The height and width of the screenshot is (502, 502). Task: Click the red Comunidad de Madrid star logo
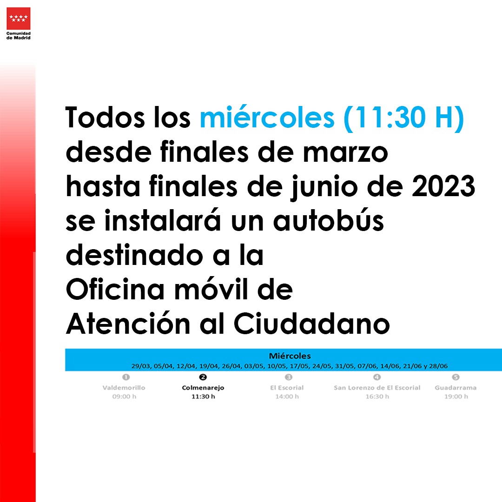(x=19, y=18)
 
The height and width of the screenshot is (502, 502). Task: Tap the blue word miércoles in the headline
(x=267, y=117)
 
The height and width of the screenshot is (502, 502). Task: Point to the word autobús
(x=329, y=220)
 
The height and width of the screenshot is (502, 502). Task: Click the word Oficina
(x=115, y=289)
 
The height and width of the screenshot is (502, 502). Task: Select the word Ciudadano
(x=312, y=324)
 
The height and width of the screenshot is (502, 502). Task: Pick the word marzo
(x=345, y=153)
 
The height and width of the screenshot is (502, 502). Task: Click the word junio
(x=324, y=187)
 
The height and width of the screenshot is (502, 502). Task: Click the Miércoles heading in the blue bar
(x=290, y=356)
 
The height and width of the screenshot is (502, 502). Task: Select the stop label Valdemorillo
(x=124, y=388)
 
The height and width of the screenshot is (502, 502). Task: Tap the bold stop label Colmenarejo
(x=203, y=388)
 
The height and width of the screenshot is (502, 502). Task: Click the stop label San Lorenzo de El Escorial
(x=377, y=388)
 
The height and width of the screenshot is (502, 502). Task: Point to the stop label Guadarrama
(x=456, y=388)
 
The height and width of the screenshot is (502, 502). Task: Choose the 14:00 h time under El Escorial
(x=287, y=396)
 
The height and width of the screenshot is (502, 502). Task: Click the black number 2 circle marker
(x=203, y=377)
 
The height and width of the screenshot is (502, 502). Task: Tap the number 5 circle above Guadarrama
(x=456, y=377)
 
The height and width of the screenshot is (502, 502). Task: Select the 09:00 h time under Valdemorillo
(x=124, y=396)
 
